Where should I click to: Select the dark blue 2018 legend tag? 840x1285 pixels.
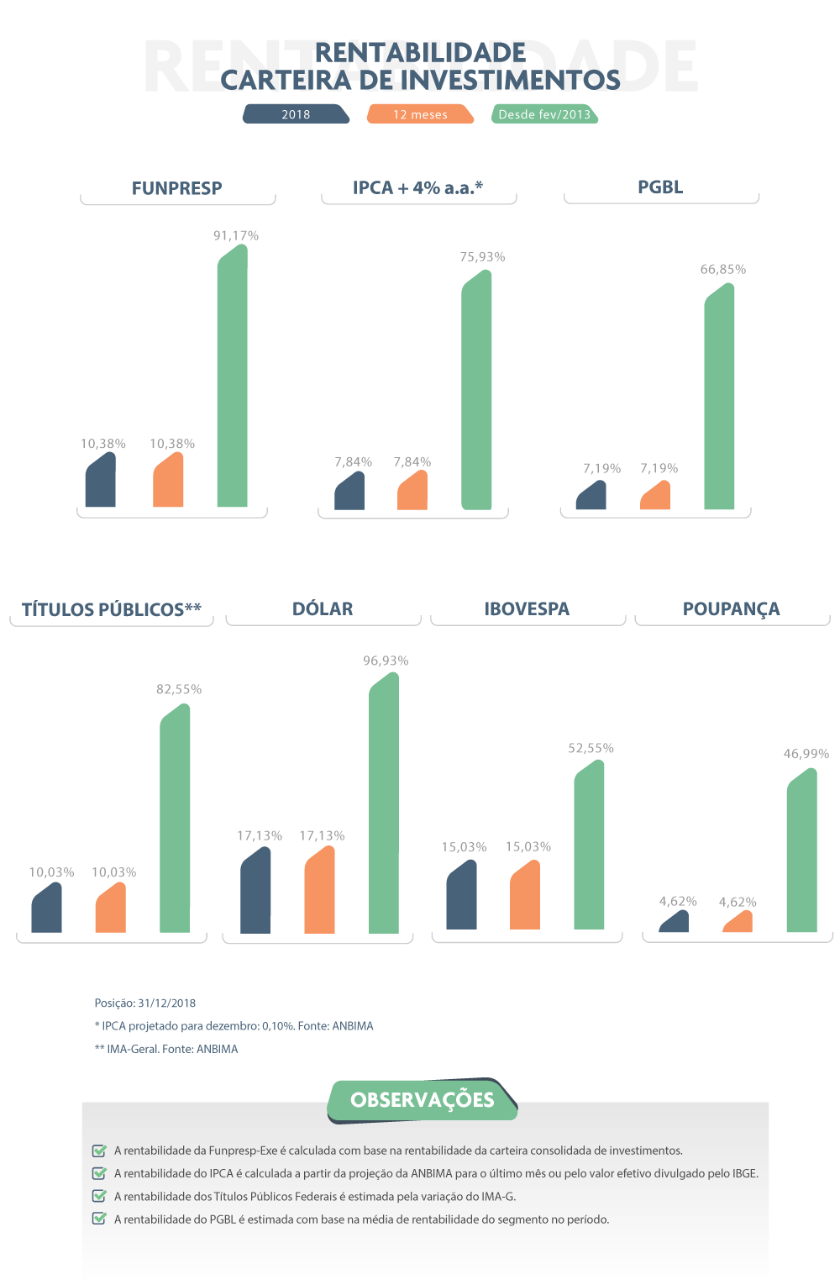[296, 114]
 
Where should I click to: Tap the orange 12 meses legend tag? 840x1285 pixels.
[420, 114]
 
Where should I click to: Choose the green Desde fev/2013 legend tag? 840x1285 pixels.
[544, 114]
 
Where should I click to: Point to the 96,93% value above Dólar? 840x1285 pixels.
[386, 661]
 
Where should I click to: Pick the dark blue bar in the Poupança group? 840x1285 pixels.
[675, 922]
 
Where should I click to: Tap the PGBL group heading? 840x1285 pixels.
[660, 187]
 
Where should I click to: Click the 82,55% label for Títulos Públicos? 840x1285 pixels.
[179, 689]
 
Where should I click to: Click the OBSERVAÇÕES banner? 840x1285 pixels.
[423, 1100]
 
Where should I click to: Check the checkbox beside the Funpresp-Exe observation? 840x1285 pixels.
[99, 1151]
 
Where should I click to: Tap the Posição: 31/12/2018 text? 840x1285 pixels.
[145, 1003]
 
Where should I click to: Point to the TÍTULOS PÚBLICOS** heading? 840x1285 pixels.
[112, 609]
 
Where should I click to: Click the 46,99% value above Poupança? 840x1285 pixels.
[806, 754]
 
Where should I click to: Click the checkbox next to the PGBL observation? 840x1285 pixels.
[99, 1219]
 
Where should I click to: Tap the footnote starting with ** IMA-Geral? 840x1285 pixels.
[166, 1049]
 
